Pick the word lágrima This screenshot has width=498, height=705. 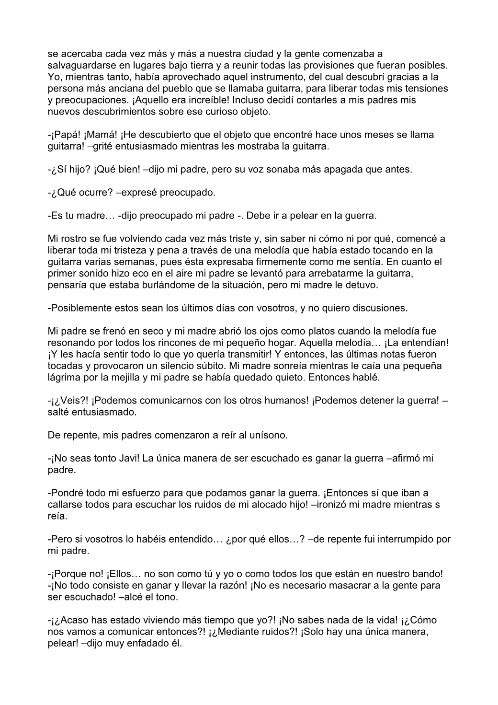click(x=65, y=378)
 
